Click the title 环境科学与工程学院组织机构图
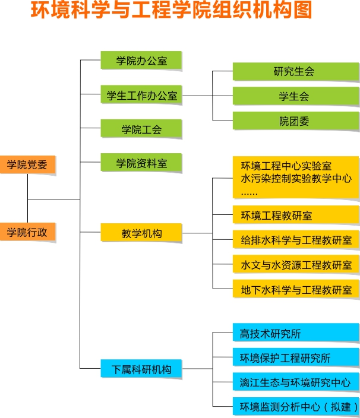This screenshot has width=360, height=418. (171, 11)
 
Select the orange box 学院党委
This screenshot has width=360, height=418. (27, 164)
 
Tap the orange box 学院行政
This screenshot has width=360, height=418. (27, 232)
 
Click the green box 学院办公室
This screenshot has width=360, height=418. (141, 61)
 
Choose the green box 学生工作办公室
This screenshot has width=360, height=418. (141, 95)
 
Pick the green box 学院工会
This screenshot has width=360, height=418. (141, 129)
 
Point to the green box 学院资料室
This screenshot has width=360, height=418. (141, 163)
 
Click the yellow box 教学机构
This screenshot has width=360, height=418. (141, 233)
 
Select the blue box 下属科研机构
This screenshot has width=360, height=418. (141, 369)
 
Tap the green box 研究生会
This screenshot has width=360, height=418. (295, 71)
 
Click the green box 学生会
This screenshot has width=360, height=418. (295, 96)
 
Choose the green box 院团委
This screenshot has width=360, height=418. (295, 121)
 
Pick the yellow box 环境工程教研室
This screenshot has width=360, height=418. (295, 215)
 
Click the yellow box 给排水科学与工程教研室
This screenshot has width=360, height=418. (295, 239)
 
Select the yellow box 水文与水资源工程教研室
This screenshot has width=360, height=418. (295, 264)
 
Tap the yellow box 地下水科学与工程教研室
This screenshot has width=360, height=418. (295, 289)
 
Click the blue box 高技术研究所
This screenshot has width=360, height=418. (295, 333)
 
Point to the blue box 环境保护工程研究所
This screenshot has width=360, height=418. (295, 357)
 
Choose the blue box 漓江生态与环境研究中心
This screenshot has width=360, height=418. (295, 382)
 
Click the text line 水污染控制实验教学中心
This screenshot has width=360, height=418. (296, 178)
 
